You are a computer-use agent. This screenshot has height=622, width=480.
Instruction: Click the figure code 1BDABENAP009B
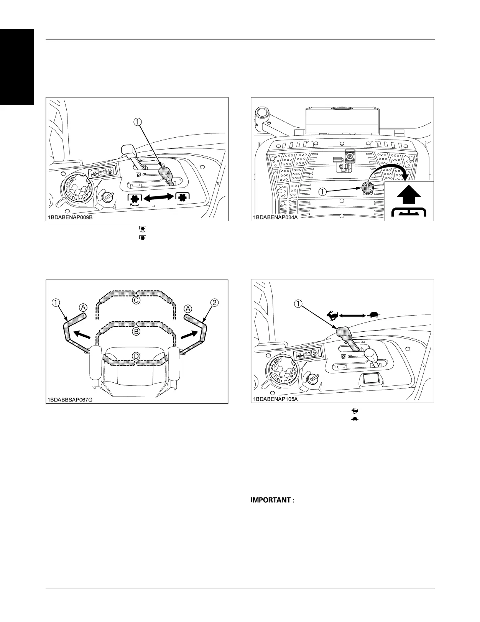[70, 217]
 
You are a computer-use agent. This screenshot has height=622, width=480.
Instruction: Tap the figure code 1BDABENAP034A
[275, 217]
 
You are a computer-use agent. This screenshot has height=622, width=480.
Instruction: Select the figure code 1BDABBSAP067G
[70, 399]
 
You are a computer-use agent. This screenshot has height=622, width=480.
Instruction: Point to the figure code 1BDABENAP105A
[275, 399]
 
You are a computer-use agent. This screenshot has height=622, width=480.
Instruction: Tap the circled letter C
[136, 301]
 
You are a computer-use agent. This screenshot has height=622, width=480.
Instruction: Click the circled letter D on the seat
[136, 357]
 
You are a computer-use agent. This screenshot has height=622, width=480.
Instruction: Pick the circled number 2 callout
[214, 303]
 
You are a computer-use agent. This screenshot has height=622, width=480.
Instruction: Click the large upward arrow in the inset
[409, 195]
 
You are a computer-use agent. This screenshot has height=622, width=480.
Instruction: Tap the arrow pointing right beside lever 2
[189, 334]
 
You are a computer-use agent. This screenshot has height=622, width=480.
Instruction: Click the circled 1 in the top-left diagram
[137, 122]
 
